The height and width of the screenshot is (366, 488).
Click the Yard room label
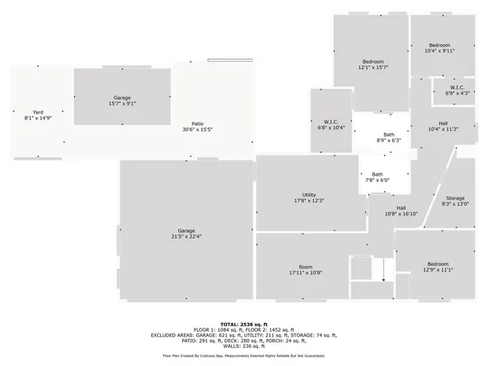(x=37, y=112)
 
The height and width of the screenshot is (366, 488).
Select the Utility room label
(x=309, y=195)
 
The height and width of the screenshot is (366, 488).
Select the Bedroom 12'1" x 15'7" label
(x=373, y=63)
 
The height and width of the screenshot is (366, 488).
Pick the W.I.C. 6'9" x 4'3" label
(x=457, y=88)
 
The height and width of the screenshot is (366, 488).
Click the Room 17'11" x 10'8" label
(x=306, y=268)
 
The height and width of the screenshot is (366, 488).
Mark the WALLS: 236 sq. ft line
(x=244, y=345)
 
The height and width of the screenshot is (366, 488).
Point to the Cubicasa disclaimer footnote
(x=244, y=355)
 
